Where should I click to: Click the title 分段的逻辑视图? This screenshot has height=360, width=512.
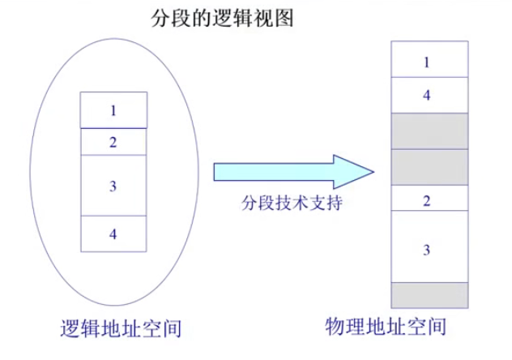[x=221, y=18]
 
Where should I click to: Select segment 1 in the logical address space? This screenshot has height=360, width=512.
[x=113, y=110]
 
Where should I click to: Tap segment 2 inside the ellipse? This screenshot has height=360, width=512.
[x=113, y=141]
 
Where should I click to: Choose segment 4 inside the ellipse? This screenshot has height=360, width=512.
[x=113, y=234]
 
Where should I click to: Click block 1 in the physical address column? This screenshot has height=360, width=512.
[x=428, y=60]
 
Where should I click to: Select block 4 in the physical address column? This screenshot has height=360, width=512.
[x=428, y=95]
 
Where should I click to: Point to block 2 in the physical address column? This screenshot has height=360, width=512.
[x=428, y=200]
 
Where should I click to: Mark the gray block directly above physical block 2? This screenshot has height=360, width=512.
[x=428, y=167]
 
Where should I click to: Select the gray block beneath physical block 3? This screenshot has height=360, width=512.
[x=428, y=294]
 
